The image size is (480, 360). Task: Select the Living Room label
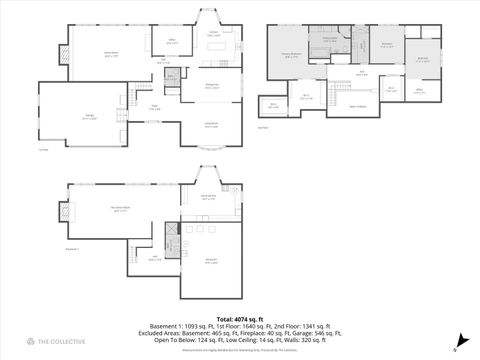pos(212,126)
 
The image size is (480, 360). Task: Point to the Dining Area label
pos(212,87)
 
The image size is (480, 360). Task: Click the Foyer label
pos(156,107)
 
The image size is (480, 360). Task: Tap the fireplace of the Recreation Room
pos(67,212)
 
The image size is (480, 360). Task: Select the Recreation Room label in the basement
pos(119,209)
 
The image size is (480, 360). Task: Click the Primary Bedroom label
pos(291,56)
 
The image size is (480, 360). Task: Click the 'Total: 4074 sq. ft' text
pos(240,318)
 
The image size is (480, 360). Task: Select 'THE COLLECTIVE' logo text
pos(62,341)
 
